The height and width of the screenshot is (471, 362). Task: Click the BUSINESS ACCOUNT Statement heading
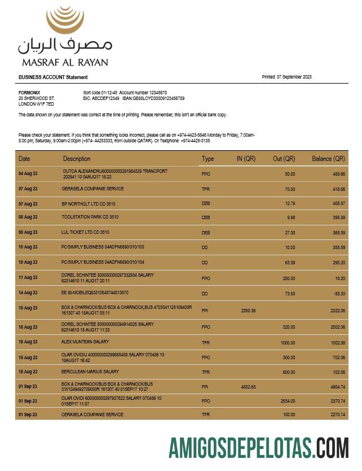point(53,77)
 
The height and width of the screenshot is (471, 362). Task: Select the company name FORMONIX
point(29,92)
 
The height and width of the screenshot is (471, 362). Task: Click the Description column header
point(77,159)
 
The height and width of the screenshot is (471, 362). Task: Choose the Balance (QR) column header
point(328,159)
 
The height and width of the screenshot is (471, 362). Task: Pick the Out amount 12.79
point(290,203)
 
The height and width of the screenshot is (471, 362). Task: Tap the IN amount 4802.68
point(248,387)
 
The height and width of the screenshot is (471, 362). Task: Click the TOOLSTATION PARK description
point(90,217)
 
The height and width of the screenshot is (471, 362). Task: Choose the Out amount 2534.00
point(288,401)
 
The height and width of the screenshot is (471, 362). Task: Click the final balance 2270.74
point(337,415)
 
